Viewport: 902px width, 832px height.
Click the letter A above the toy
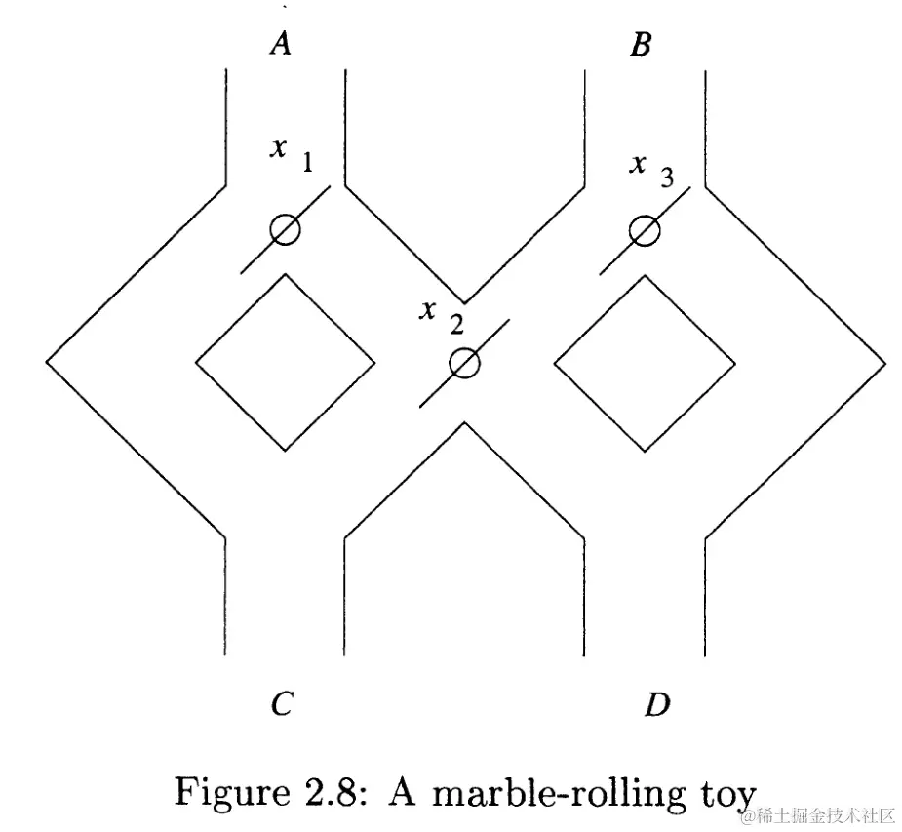point(281,44)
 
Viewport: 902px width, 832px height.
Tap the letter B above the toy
point(641,45)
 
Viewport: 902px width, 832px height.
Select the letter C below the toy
point(282,703)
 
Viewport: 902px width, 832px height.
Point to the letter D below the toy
point(658,703)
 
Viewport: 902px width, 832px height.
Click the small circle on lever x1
point(285,229)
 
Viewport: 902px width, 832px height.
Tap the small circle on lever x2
point(465,363)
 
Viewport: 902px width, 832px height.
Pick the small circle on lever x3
point(644,230)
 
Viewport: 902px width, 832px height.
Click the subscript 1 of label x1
point(307,163)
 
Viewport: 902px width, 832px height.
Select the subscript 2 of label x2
point(456,325)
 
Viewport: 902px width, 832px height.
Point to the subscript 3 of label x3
point(666,178)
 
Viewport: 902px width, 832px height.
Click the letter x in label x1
point(280,148)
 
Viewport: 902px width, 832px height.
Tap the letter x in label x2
point(427,310)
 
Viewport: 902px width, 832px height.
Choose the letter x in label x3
point(638,163)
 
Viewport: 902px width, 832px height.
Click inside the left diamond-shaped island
point(285,363)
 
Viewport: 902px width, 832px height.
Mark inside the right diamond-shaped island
point(644,363)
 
